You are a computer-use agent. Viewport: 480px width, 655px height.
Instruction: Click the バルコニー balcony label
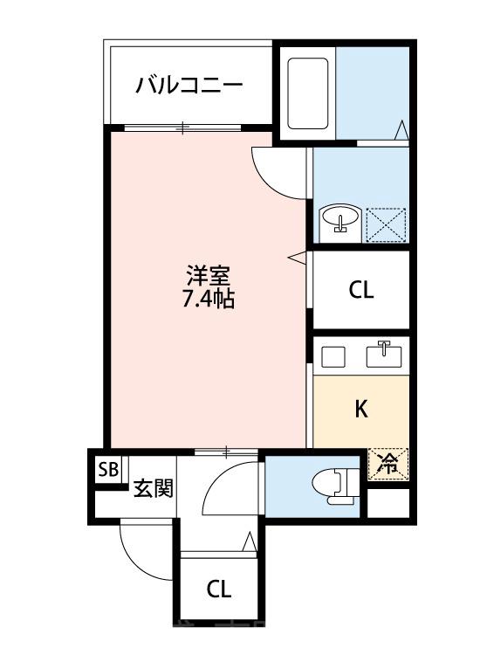pyautogui.click(x=189, y=86)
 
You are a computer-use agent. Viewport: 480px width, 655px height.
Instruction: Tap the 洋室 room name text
pyautogui.click(x=207, y=277)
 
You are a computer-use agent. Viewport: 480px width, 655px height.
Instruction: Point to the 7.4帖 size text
pyautogui.click(x=207, y=300)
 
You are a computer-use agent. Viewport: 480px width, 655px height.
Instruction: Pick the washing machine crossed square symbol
pyautogui.click(x=386, y=224)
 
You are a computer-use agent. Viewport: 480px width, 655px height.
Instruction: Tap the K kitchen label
pyautogui.click(x=360, y=409)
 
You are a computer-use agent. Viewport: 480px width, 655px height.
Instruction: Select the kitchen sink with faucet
pyautogui.click(x=385, y=355)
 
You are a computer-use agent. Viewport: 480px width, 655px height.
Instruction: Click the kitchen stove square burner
pyautogui.click(x=333, y=355)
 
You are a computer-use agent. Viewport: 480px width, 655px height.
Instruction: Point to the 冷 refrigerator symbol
pyautogui.click(x=387, y=464)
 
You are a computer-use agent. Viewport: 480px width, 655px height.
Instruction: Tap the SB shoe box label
pyautogui.click(x=108, y=470)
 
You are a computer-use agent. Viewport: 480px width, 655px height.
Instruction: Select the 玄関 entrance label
pyautogui.click(x=152, y=489)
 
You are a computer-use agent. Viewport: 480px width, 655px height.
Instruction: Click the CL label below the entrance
pyautogui.click(x=219, y=589)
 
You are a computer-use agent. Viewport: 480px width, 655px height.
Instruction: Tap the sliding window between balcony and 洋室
pyautogui.click(x=182, y=128)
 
